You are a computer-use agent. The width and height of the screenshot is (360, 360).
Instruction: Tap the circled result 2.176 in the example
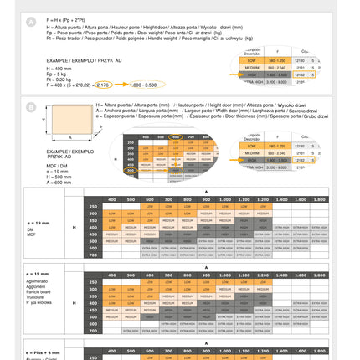tap(103, 85)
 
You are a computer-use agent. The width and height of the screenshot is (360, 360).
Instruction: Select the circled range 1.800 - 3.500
tap(143, 85)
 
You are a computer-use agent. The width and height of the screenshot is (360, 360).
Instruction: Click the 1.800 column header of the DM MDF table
tap(319, 199)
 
